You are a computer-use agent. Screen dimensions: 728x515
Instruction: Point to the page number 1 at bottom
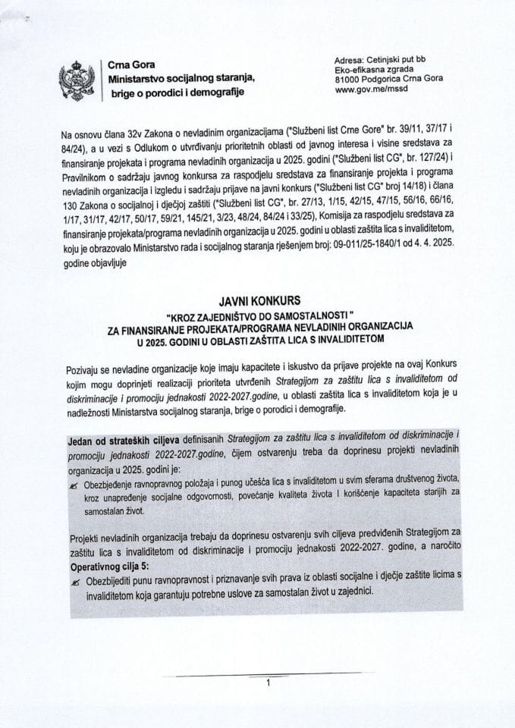click(x=268, y=682)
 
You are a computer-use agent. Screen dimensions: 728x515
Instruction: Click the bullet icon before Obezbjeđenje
click(x=74, y=479)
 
